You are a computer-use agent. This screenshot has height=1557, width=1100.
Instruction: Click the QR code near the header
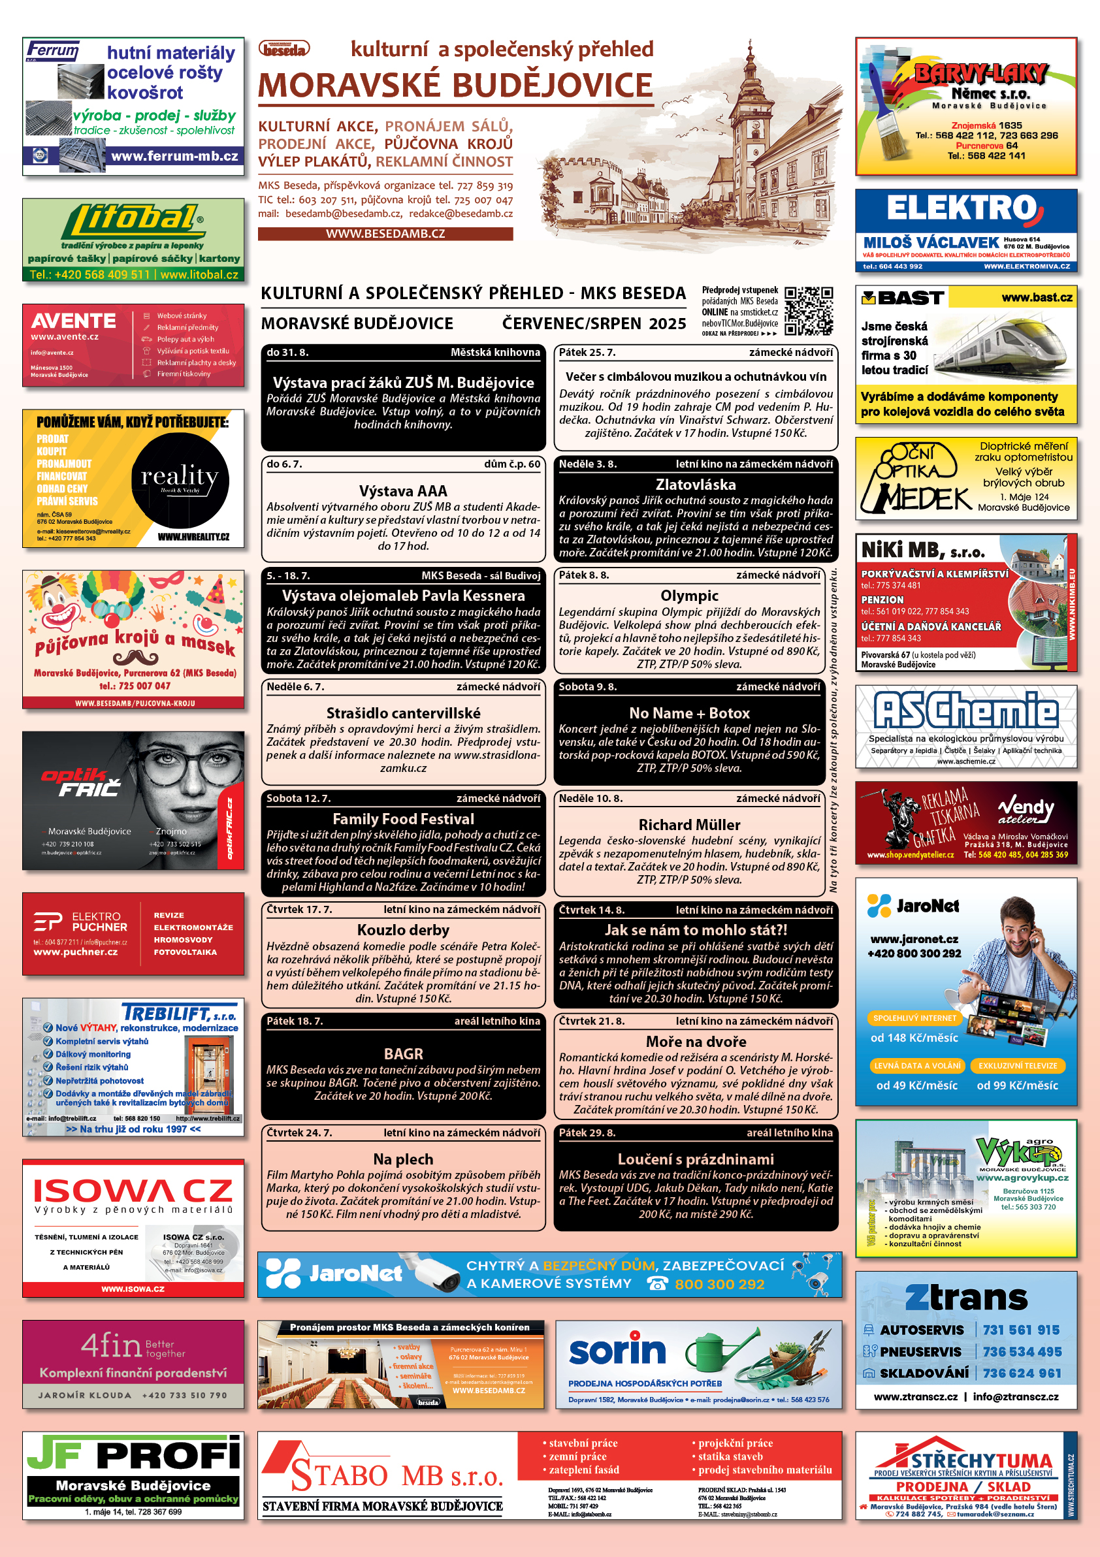click(x=809, y=312)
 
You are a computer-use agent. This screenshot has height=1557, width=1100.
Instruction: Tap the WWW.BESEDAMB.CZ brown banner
click(x=385, y=233)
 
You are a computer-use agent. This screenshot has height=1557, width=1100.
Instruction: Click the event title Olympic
click(x=689, y=596)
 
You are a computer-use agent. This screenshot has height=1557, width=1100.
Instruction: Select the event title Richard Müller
click(x=689, y=825)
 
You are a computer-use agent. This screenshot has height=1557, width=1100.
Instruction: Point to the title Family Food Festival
click(x=403, y=818)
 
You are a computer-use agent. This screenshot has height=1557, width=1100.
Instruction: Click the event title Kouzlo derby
click(x=403, y=930)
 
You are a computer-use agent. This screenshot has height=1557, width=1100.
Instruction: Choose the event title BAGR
click(x=403, y=1053)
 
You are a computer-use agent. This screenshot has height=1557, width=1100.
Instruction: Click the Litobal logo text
click(x=133, y=220)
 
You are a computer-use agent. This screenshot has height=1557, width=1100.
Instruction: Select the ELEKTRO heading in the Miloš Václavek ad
click(x=962, y=208)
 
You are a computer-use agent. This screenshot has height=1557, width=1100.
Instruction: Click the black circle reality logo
click(x=180, y=480)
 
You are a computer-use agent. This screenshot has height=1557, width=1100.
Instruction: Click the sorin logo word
click(x=617, y=1350)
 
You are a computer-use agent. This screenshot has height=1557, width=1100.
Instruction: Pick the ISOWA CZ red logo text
click(x=133, y=1191)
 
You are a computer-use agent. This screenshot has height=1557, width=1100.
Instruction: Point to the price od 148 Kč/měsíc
click(x=914, y=1038)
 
